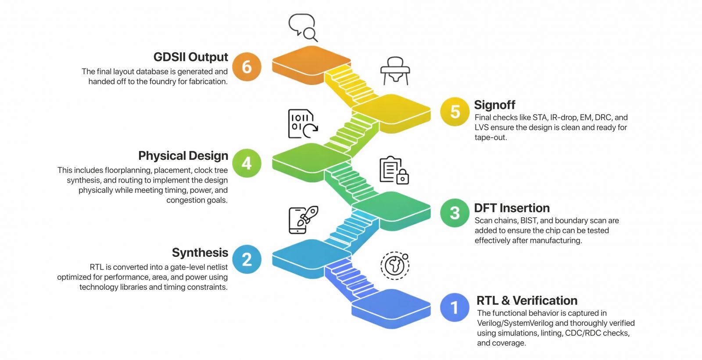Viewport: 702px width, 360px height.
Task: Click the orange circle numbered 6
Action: click(x=247, y=67)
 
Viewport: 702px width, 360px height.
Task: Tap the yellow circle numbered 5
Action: click(x=455, y=112)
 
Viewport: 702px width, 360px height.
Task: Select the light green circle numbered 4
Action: click(x=247, y=163)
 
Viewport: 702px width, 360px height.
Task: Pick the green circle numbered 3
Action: click(x=455, y=213)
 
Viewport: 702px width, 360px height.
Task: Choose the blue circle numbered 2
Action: click(x=247, y=259)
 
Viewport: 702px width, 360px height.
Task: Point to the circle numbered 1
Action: click(x=455, y=307)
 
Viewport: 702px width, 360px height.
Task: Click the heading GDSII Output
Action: click(x=190, y=57)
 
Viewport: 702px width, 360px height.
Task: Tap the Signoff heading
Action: click(x=494, y=105)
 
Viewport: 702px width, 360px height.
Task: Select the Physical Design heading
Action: click(x=183, y=156)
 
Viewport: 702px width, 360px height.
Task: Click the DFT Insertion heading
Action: click(x=512, y=208)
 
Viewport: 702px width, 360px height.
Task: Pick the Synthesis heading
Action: click(x=200, y=253)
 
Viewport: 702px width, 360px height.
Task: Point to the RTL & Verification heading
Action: click(x=527, y=301)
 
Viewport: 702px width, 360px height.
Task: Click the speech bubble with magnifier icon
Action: click(x=303, y=27)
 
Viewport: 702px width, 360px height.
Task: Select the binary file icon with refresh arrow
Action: click(x=302, y=124)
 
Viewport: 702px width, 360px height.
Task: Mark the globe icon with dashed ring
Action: click(x=394, y=266)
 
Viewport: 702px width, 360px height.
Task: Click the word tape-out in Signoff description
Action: click(x=491, y=137)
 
